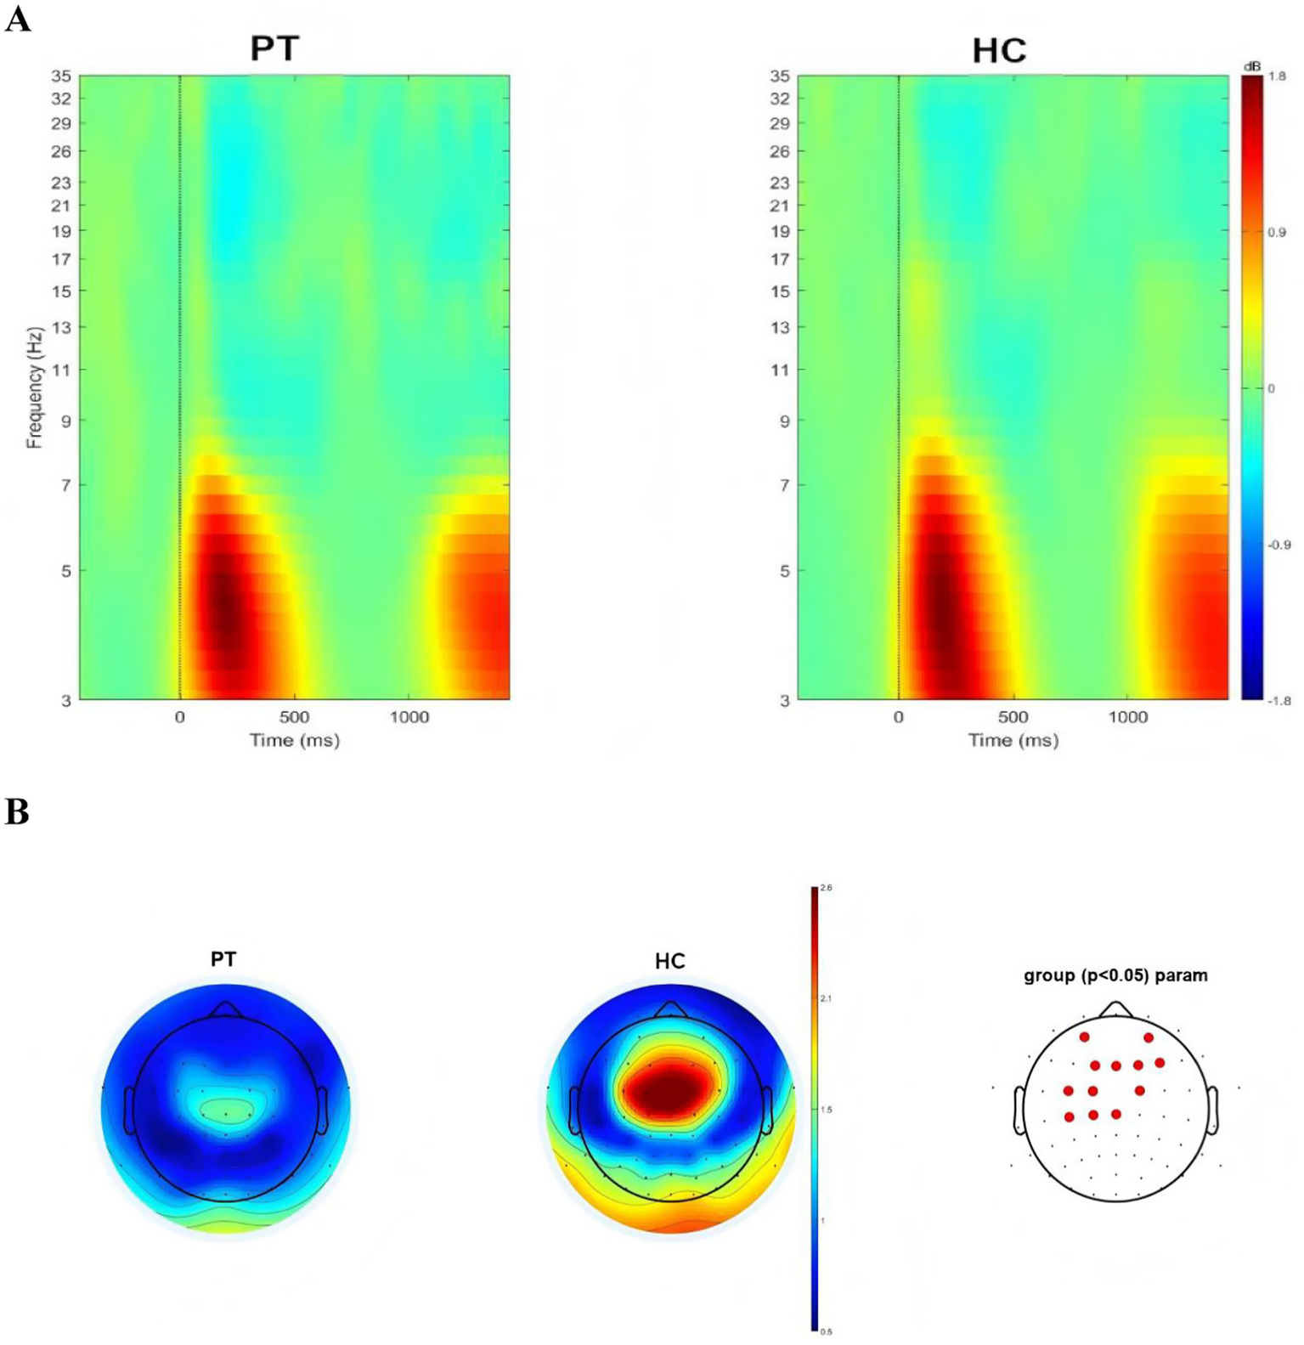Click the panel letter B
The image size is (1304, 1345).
tap(17, 812)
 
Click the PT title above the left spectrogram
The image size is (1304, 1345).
tap(274, 48)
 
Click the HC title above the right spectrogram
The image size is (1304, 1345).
tap(999, 51)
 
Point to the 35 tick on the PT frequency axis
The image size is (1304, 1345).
tap(61, 76)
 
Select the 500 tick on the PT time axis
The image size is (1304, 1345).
tap(294, 717)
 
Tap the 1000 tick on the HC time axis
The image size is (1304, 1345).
tap(1127, 717)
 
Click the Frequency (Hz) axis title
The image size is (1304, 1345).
tap(34, 387)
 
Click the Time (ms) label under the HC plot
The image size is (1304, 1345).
tap(1013, 740)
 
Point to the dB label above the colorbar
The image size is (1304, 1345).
tap(1251, 66)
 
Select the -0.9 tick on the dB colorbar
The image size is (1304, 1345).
tap(1279, 545)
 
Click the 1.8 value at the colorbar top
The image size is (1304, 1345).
tap(1276, 76)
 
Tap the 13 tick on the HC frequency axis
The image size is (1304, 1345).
tap(780, 327)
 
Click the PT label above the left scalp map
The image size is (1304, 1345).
tap(223, 959)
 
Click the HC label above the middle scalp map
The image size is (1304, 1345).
tap(669, 961)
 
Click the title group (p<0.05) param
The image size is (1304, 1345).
tap(1115, 975)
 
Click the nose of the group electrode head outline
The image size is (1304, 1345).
tap(1115, 1009)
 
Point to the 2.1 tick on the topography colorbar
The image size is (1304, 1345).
tap(826, 998)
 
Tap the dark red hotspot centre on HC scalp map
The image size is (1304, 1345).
tap(669, 1090)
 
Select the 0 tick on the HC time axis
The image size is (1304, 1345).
tap(898, 717)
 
